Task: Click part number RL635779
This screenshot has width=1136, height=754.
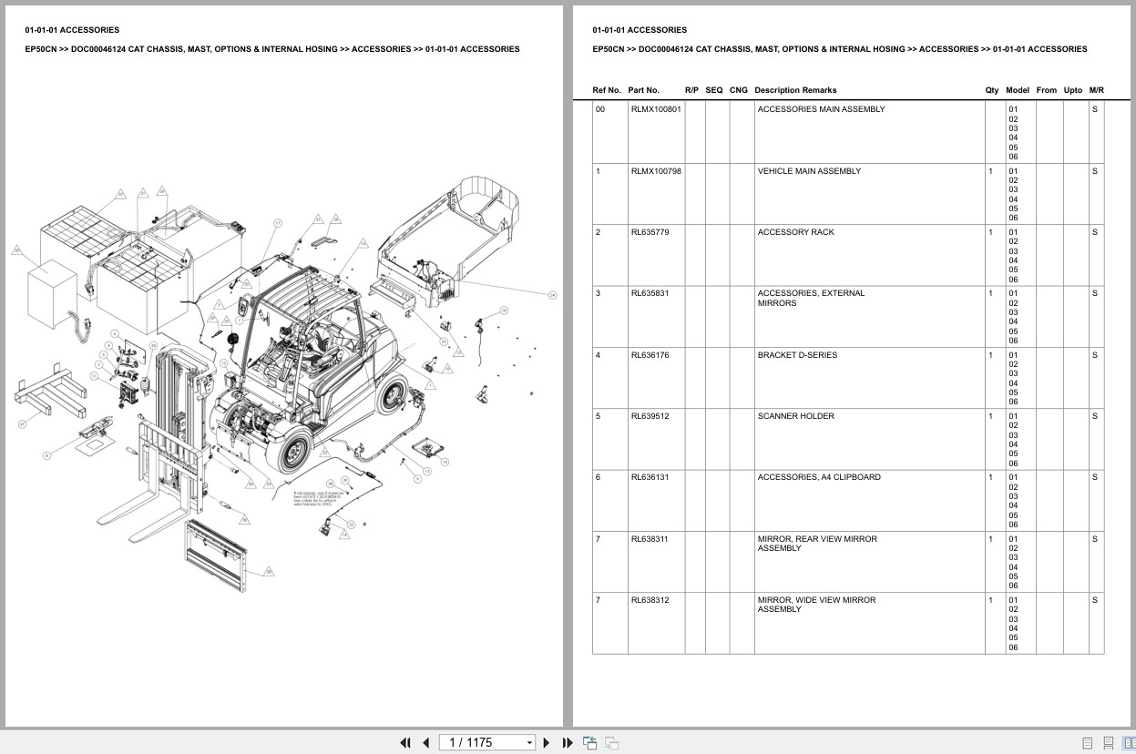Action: click(650, 232)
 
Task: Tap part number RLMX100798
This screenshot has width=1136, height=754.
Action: click(655, 171)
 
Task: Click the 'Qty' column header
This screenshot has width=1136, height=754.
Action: click(991, 90)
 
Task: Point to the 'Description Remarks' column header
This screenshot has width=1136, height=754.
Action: click(794, 90)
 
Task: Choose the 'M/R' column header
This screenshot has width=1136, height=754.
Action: click(1096, 90)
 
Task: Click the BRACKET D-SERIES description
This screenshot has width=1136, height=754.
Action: click(796, 355)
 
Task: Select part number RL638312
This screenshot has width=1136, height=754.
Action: click(650, 600)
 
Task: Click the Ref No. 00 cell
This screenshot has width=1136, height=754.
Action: click(599, 109)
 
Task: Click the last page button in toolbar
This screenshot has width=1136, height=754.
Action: click(568, 743)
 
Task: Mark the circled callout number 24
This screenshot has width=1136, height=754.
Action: click(552, 294)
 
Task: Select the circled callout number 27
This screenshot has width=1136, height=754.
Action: click(22, 424)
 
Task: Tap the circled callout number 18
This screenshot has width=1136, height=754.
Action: click(503, 311)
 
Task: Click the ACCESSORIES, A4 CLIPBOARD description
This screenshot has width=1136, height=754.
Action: click(818, 477)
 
